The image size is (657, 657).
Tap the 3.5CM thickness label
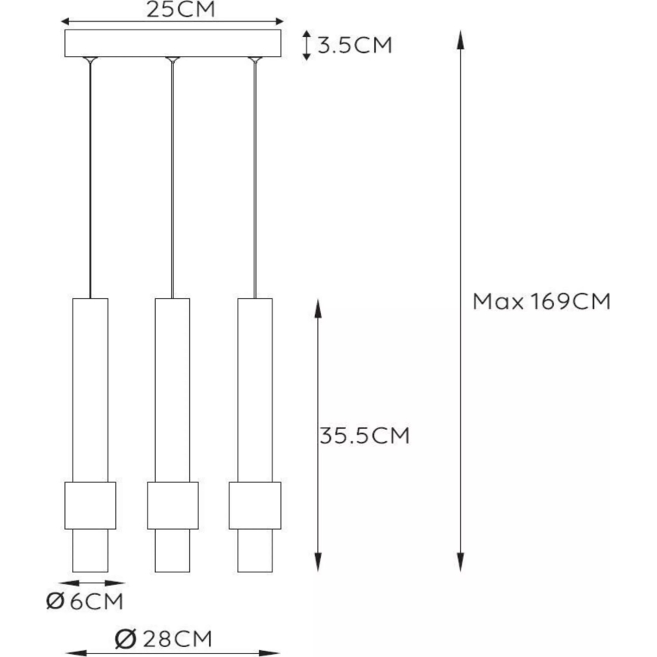355,45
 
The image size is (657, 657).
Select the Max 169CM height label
541,302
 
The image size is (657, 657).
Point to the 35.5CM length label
363,436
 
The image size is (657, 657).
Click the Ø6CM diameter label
84,603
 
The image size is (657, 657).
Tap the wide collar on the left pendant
90,505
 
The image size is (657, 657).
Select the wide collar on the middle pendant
173,505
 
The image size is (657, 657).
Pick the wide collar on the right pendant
255,505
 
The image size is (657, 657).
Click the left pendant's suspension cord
90,182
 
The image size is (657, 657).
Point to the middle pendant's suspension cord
173,182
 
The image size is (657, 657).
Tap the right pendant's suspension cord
255,182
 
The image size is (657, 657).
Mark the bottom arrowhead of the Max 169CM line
459,563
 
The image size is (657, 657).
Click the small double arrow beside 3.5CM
306,45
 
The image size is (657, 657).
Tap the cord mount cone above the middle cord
173,60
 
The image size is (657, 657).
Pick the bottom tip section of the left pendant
90,550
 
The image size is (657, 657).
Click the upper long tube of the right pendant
255,390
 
